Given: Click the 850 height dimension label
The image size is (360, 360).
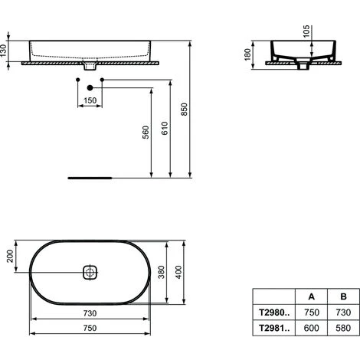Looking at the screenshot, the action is pyautogui.click(x=184, y=110).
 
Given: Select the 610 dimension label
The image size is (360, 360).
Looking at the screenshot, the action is pyautogui.click(x=165, y=129).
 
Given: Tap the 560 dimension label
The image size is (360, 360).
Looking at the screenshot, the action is pyautogui.click(x=146, y=133).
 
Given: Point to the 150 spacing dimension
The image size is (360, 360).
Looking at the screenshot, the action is pyautogui.click(x=90, y=100).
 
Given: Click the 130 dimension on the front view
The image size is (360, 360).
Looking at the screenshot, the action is pyautogui.click(x=3, y=51).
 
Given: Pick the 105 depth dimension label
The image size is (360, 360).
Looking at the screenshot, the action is pyautogui.click(x=306, y=31).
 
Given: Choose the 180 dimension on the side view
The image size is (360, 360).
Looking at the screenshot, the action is pyautogui.click(x=247, y=54).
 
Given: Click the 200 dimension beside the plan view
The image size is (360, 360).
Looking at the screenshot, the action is pyautogui.click(x=10, y=256).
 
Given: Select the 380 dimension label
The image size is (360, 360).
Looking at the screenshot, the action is pyautogui.click(x=162, y=272).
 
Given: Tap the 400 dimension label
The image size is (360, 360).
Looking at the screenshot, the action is pyautogui.click(x=178, y=272).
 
